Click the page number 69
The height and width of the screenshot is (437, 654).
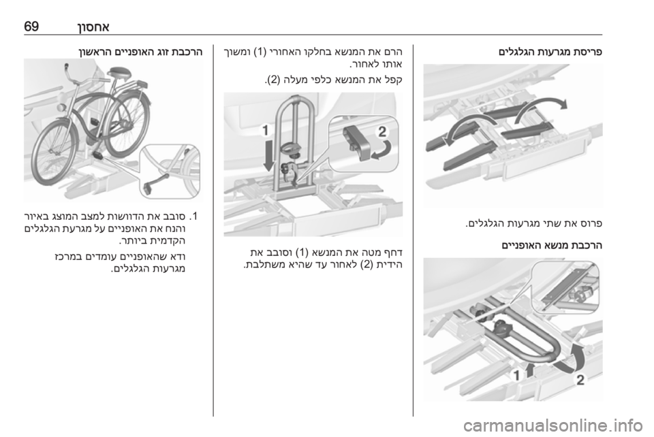(31, 27)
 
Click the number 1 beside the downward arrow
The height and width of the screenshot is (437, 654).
(265, 131)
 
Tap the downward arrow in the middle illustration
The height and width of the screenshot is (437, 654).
(269, 155)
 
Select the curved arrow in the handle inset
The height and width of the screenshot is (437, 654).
(384, 152)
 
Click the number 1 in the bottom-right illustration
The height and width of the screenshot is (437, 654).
(516, 375)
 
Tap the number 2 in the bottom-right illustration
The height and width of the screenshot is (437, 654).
(580, 380)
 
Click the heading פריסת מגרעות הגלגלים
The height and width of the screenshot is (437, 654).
(550, 53)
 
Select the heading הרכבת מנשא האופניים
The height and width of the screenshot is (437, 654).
(552, 245)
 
